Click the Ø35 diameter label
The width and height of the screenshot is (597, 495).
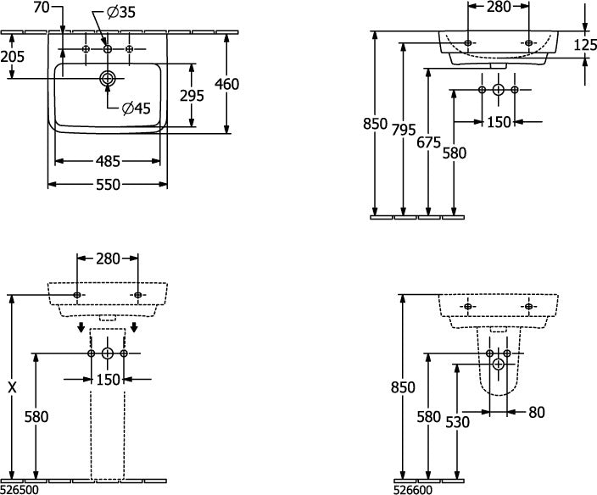point(121,13)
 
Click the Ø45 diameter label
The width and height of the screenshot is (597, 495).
point(137,108)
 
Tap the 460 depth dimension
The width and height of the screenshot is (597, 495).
point(227,84)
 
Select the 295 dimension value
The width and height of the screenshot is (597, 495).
point(192,96)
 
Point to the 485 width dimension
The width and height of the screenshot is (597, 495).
point(108,161)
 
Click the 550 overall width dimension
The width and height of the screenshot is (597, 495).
point(108,185)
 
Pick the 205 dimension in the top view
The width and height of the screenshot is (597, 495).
point(12,57)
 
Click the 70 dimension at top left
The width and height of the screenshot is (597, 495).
point(42,8)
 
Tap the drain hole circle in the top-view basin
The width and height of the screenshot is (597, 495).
point(108,78)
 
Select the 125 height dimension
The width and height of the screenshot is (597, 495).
point(585,45)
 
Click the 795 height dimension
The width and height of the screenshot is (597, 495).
point(404,130)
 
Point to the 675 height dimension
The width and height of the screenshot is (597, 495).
point(429,142)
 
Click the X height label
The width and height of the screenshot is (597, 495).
point(12,387)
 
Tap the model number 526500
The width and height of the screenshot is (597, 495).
point(20,489)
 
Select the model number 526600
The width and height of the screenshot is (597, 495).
point(413,489)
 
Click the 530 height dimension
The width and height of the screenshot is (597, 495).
point(458,422)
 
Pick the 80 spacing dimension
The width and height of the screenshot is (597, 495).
point(537,412)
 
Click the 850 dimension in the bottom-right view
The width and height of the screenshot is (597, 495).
point(403,387)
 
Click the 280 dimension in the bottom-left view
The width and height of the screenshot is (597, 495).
point(108,259)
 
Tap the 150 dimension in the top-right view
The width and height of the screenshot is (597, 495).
point(499,122)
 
